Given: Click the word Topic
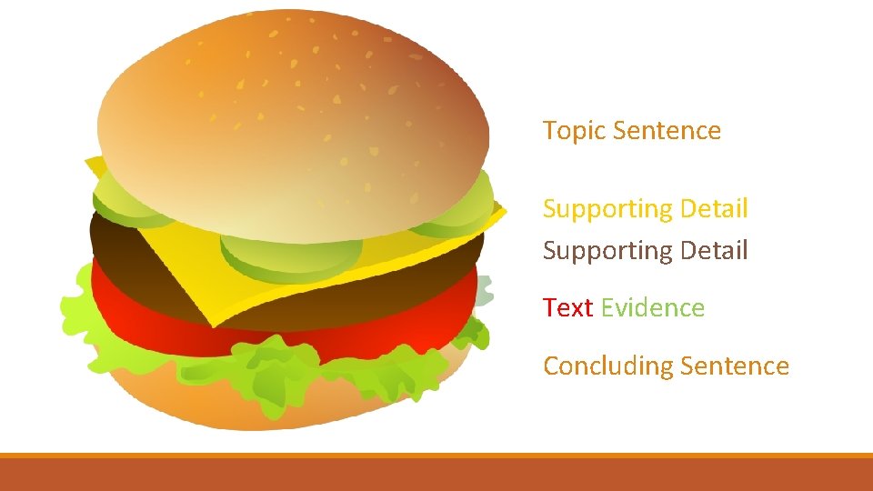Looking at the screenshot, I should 575,131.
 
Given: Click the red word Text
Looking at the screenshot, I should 568,308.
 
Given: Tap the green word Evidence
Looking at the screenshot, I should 652,308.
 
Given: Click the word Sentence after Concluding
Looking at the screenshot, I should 734,366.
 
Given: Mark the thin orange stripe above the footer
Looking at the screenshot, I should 436,455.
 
